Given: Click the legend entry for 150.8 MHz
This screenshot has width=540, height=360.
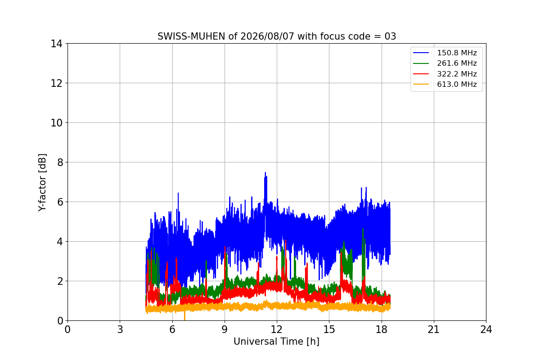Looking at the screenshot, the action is pos(457,53).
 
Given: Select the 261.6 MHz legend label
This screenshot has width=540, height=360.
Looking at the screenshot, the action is pos(457,63).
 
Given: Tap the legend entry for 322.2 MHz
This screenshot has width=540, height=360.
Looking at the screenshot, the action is pos(457,74).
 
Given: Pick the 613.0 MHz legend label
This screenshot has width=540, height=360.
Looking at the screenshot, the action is pos(457,85).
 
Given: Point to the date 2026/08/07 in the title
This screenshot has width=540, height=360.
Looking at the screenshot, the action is pos(267,36).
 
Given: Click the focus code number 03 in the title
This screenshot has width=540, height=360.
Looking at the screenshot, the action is pos(390,36).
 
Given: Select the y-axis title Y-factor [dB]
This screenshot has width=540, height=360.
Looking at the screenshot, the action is pos(42,183).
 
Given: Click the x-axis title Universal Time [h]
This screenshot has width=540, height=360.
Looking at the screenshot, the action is pos(276,342).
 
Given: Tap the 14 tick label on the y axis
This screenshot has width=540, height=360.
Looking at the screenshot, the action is pos(56,44).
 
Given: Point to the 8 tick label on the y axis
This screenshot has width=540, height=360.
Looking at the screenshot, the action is pos(60,162).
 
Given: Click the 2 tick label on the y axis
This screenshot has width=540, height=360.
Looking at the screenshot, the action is pos(60,281).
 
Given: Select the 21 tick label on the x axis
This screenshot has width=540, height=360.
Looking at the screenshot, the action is pos(434,329).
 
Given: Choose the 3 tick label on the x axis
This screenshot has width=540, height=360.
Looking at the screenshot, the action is pos(120,329).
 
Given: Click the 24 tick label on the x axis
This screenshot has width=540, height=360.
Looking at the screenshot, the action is pos(486,329).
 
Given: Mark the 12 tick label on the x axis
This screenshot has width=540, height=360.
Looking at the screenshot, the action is pos(277,329).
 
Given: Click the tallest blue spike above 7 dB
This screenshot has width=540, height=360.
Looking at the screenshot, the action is pos(265,173).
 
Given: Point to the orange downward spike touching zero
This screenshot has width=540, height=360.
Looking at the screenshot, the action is pos(184,316).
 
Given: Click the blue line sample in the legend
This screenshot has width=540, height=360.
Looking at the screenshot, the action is pos(421,53).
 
